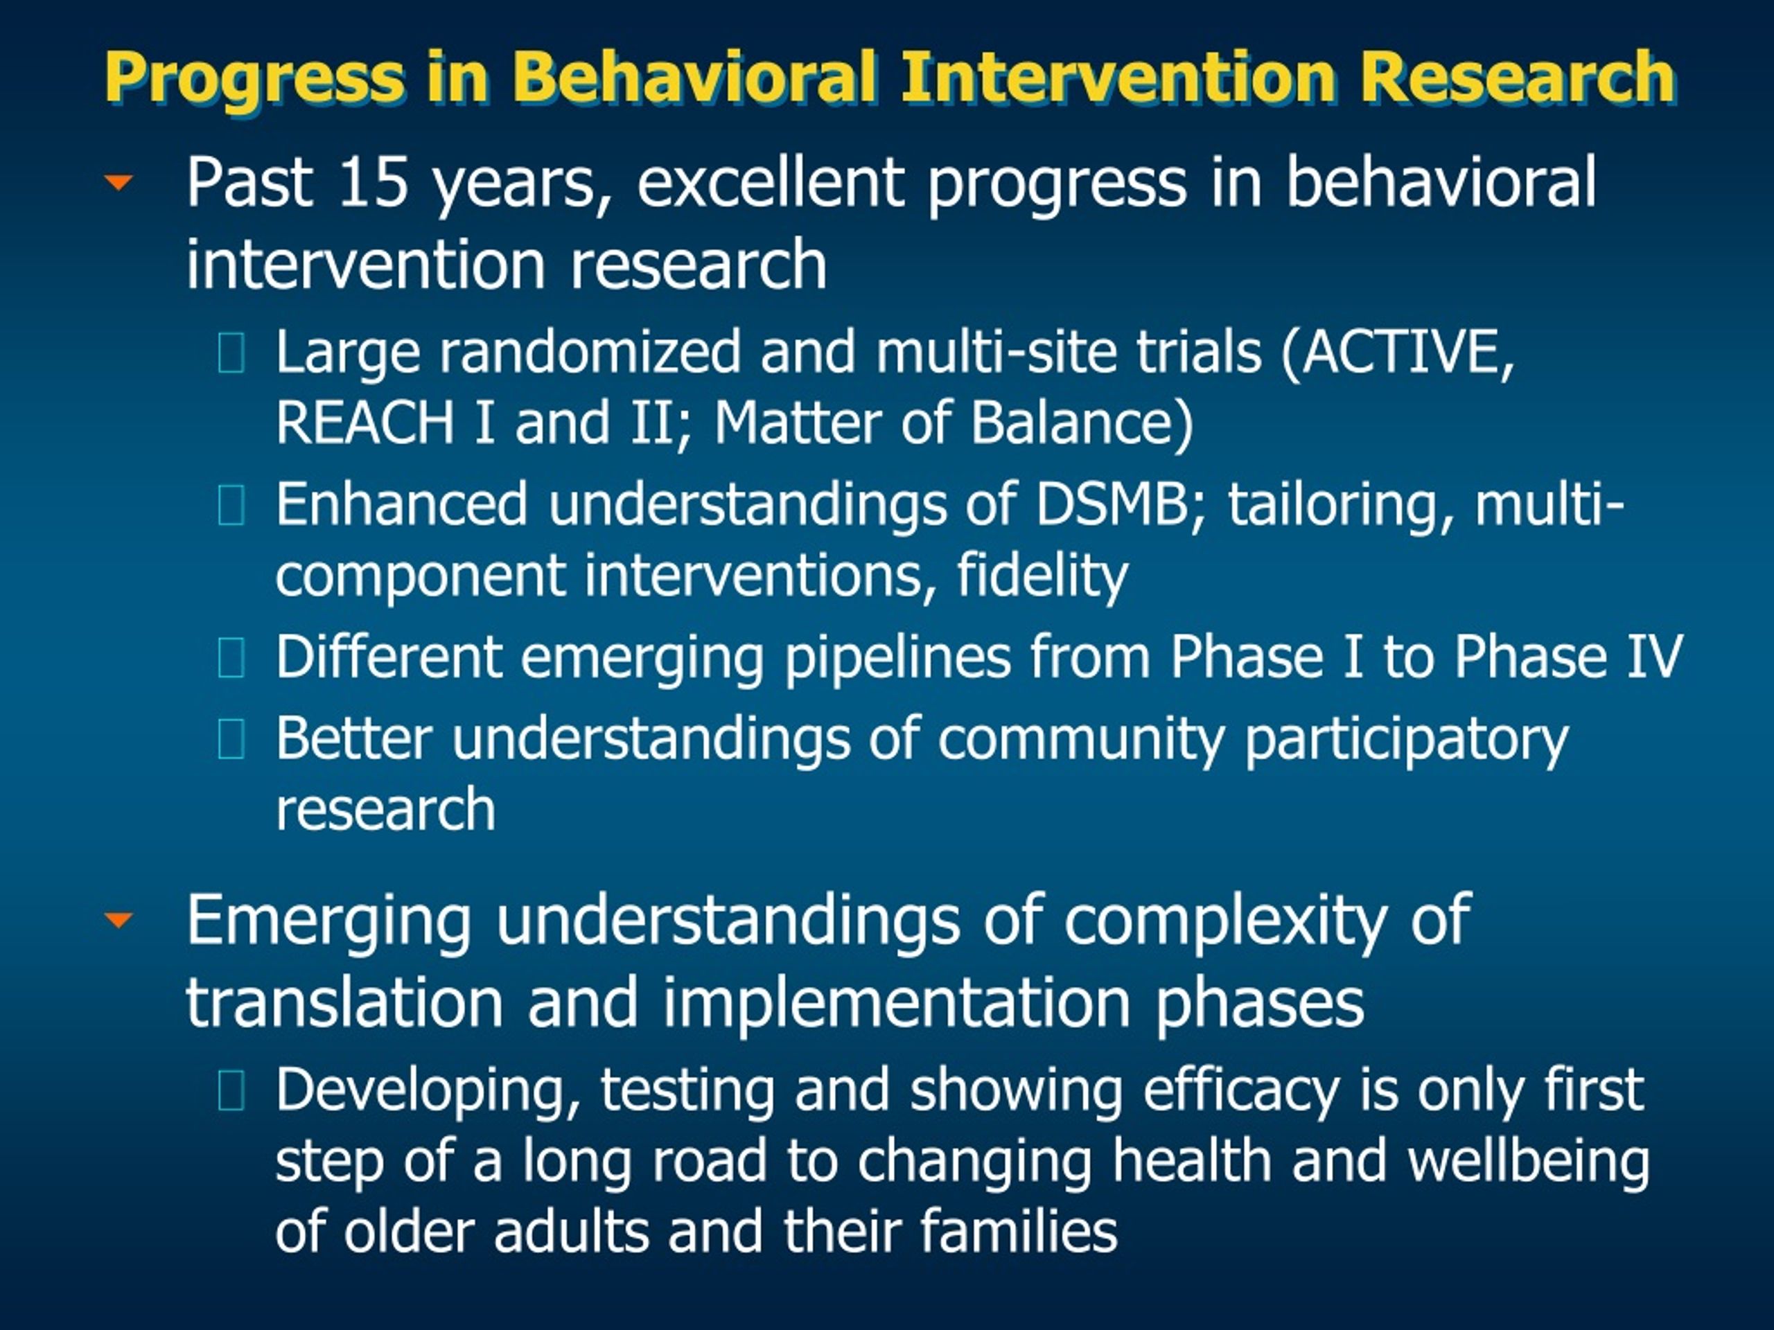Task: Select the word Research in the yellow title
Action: tap(1516, 77)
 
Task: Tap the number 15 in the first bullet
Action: tap(374, 182)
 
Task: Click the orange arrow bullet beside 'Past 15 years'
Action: tap(118, 183)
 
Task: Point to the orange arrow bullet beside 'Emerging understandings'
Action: tap(118, 919)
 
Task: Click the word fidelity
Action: tap(1043, 576)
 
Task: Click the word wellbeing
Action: tap(1528, 1162)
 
